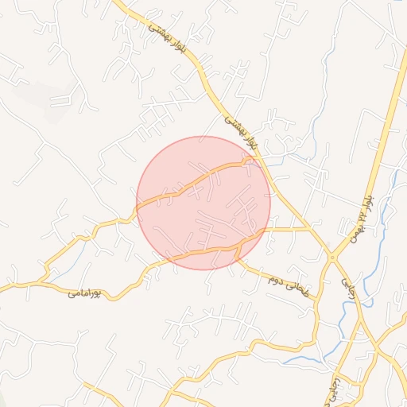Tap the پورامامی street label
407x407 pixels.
pyautogui.click(x=83, y=293)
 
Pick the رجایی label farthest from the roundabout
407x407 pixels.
pyautogui.click(x=335, y=389)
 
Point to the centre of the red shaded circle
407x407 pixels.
pyautogui.click(x=203, y=203)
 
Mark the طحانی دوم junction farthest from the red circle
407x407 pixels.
pyautogui.click(x=317, y=299)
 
